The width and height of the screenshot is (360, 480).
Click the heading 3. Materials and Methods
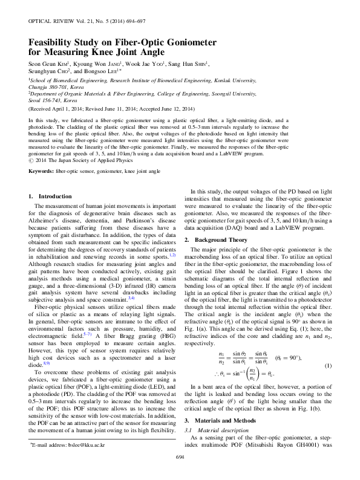coord(223,403)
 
